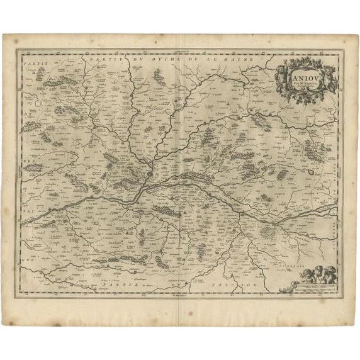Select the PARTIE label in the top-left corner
pos(31,64)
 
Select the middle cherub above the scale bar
pos(318,274)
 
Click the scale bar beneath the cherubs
pos(315,286)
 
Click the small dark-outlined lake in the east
pos(312,169)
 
